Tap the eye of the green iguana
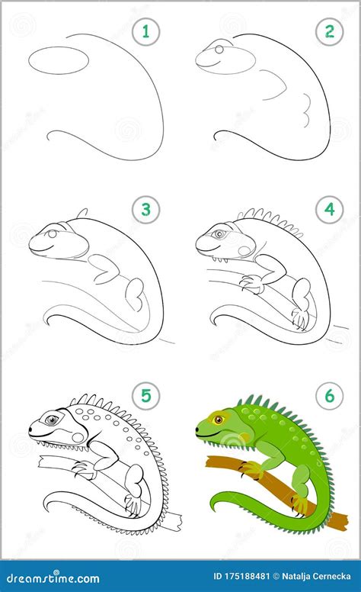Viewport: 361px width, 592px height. coord(218,419)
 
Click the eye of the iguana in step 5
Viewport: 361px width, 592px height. coord(51,420)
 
